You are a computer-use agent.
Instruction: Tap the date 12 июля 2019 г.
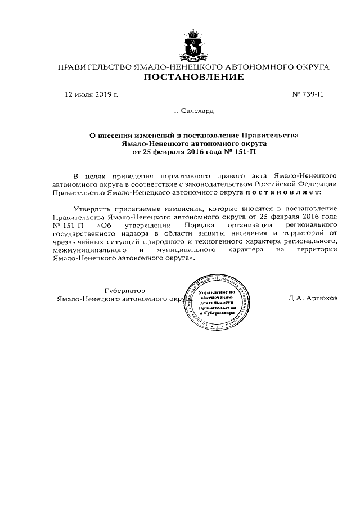coord(92,95)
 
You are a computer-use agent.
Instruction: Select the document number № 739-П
coord(309,95)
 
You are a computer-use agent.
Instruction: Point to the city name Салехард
coord(198,111)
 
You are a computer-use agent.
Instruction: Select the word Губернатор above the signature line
coord(125,291)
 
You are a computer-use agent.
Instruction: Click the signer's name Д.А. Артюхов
coord(313,299)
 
